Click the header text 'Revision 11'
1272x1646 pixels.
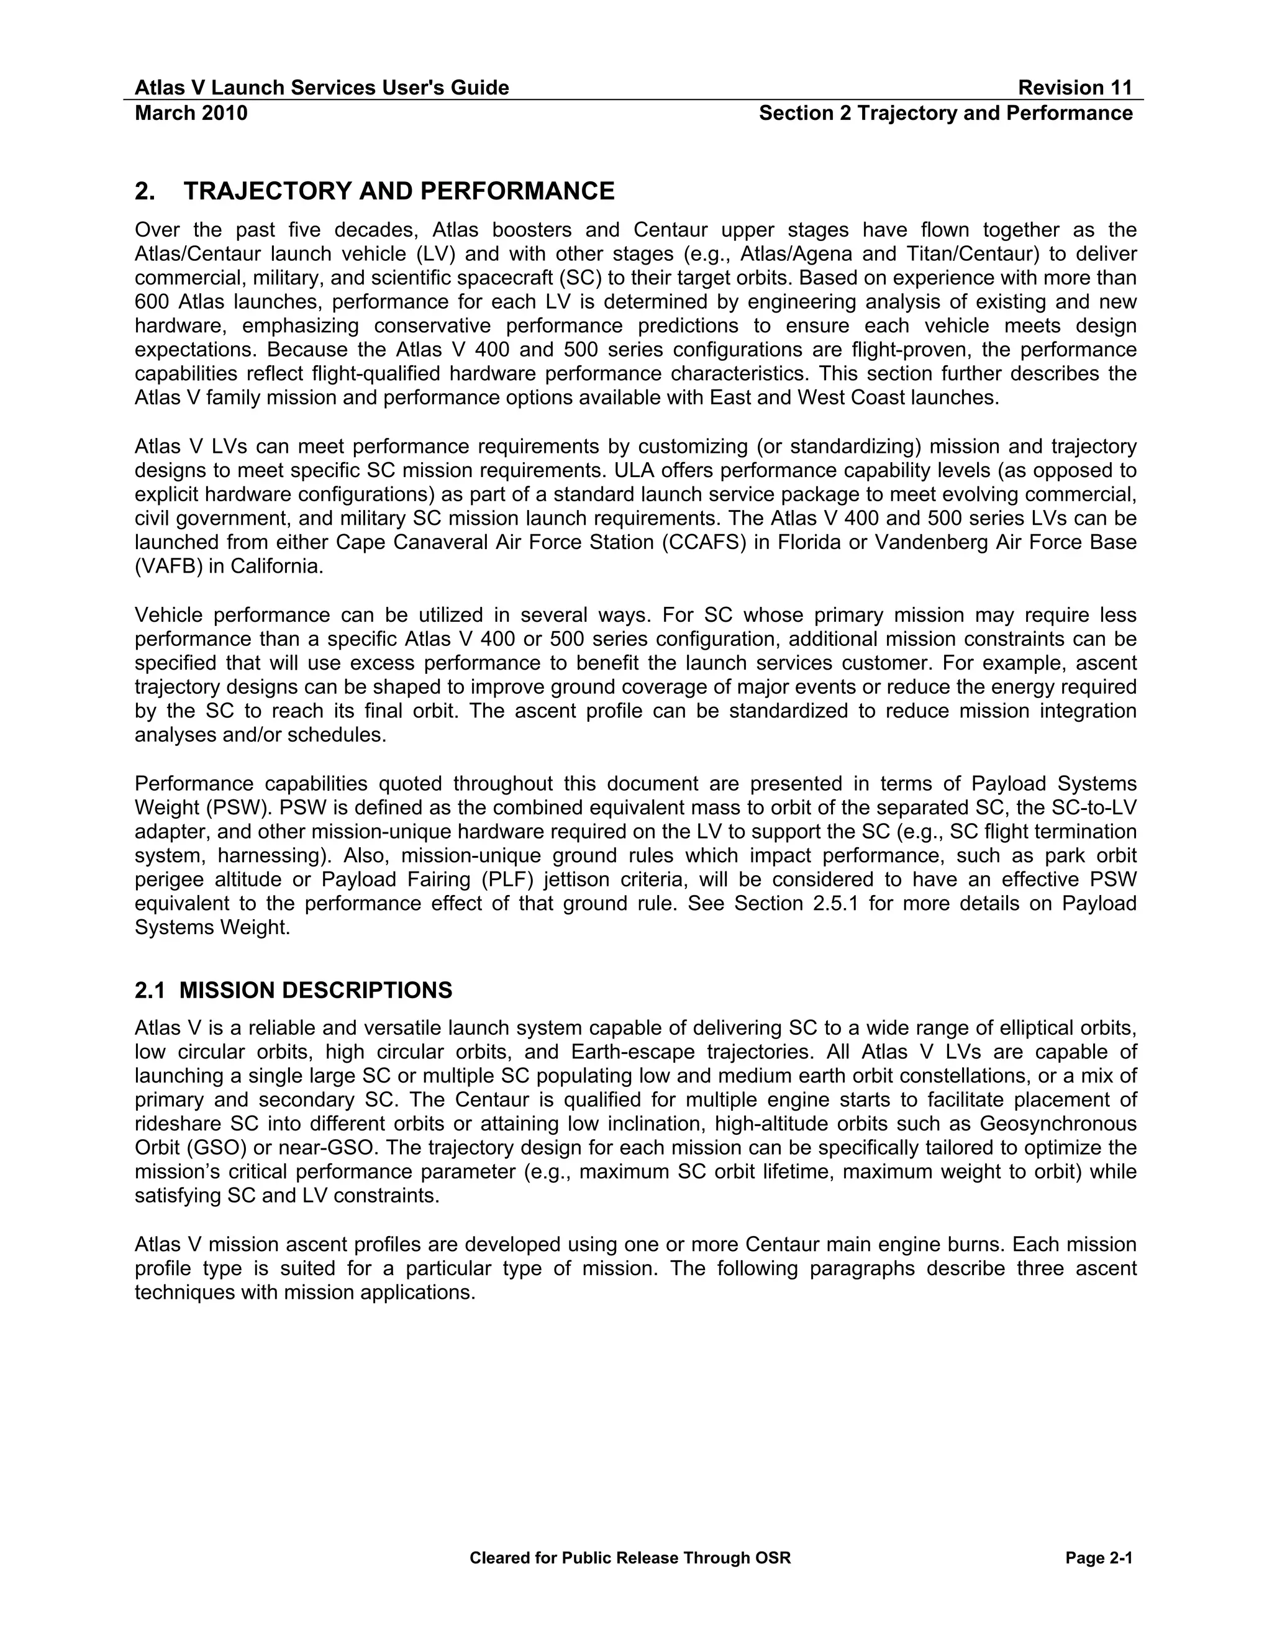[1074, 88]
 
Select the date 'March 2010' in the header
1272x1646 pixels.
[191, 113]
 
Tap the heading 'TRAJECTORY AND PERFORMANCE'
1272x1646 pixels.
[399, 191]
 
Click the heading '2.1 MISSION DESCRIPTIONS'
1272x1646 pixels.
[293, 990]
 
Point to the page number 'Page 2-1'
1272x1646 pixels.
[1099, 1558]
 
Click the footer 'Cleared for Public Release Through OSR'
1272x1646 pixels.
[630, 1558]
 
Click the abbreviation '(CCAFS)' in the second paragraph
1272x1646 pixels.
[700, 543]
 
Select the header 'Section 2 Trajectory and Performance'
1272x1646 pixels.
[946, 113]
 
